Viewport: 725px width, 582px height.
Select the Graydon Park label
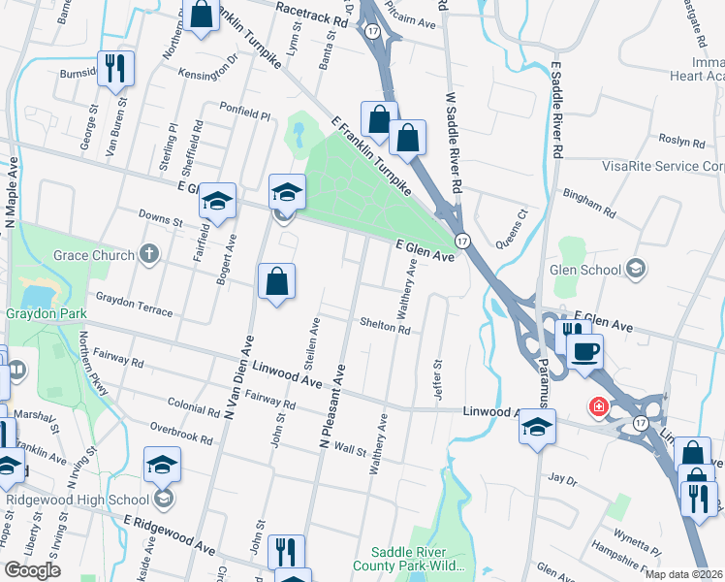click(47, 313)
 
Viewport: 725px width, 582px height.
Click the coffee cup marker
click(585, 350)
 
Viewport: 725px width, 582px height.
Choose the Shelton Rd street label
click(385, 328)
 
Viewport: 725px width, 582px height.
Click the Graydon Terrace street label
click(133, 305)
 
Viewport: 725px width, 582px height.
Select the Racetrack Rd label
click(310, 18)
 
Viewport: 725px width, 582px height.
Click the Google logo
click(32, 570)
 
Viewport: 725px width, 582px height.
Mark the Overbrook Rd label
click(181, 433)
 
